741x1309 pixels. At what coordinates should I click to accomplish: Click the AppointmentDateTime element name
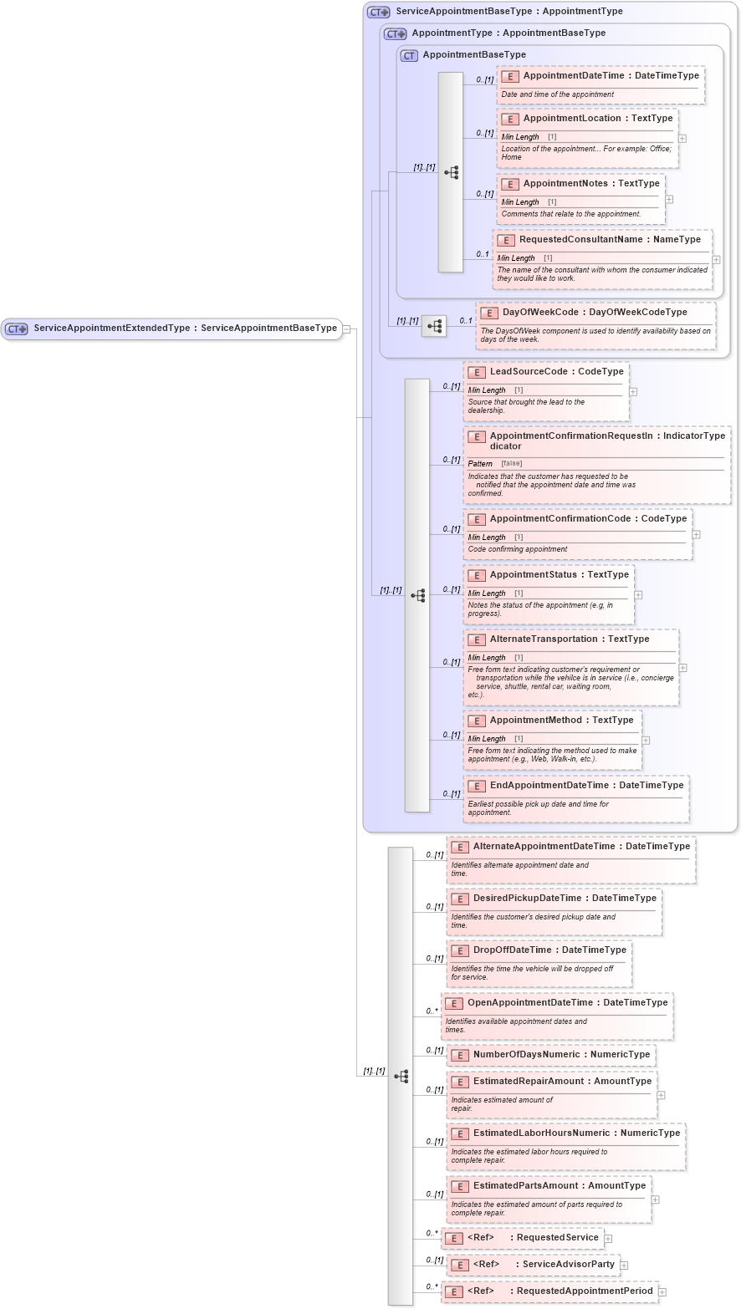(574, 76)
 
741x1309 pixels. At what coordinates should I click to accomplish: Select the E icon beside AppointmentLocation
(509, 119)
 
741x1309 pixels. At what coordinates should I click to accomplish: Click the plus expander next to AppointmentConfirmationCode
(696, 535)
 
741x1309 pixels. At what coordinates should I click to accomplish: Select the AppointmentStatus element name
(533, 575)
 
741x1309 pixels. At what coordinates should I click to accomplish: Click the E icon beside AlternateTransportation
(477, 640)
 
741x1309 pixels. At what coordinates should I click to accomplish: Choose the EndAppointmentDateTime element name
(549, 786)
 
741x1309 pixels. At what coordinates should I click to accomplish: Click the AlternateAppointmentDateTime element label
(544, 847)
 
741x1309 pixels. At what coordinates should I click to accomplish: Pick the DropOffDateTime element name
(515, 950)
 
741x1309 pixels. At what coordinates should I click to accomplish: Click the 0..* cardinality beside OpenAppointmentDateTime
(432, 1011)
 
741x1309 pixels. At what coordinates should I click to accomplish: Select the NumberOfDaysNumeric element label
(526, 1055)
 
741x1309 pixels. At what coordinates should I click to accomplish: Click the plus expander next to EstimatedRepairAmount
(661, 1095)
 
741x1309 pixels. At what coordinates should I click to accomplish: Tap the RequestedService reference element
(557, 1238)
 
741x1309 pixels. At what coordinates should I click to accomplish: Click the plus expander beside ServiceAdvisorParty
(624, 1266)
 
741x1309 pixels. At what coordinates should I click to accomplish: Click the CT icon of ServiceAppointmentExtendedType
(17, 329)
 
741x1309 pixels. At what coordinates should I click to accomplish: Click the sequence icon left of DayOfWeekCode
(434, 326)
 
